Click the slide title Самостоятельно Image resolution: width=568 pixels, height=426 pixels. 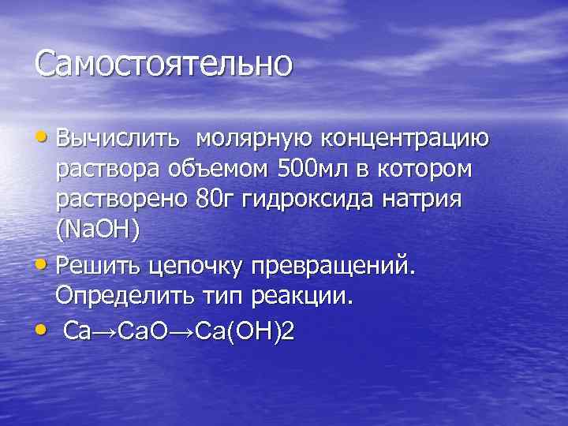point(163,64)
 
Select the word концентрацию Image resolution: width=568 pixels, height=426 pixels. point(405,139)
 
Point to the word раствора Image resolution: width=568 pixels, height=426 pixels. point(107,170)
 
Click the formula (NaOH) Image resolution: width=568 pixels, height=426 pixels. point(98,230)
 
